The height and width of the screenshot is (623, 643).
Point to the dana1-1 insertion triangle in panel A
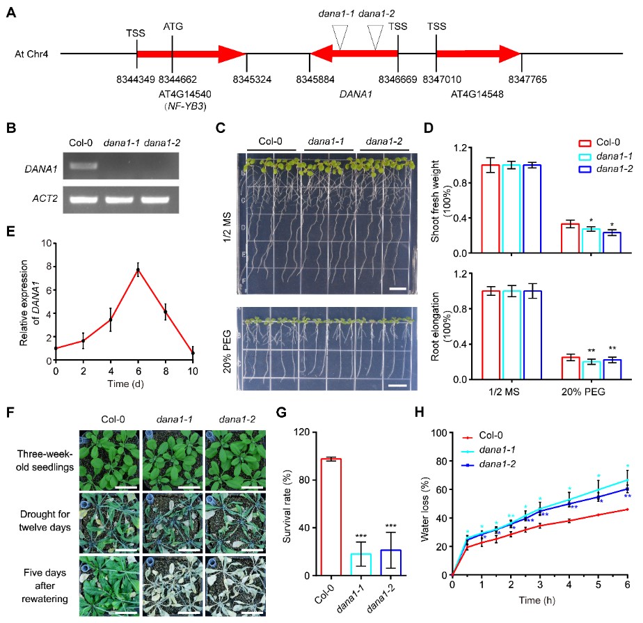340,36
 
